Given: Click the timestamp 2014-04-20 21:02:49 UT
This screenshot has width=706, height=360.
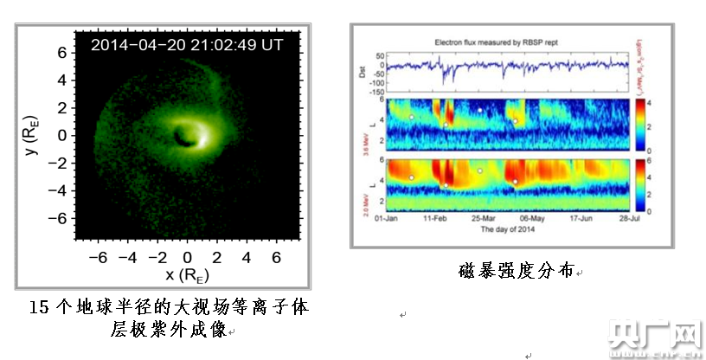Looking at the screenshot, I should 186,43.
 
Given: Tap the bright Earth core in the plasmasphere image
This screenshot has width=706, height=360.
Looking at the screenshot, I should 188,136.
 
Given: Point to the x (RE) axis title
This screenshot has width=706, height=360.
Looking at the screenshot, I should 186,275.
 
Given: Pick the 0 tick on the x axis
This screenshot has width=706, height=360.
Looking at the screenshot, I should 188,258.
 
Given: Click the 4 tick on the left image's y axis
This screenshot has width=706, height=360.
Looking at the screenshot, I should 61,80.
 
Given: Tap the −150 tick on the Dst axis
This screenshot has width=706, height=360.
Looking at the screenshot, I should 375,89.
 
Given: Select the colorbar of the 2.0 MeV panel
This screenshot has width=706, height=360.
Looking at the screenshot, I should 640,184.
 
